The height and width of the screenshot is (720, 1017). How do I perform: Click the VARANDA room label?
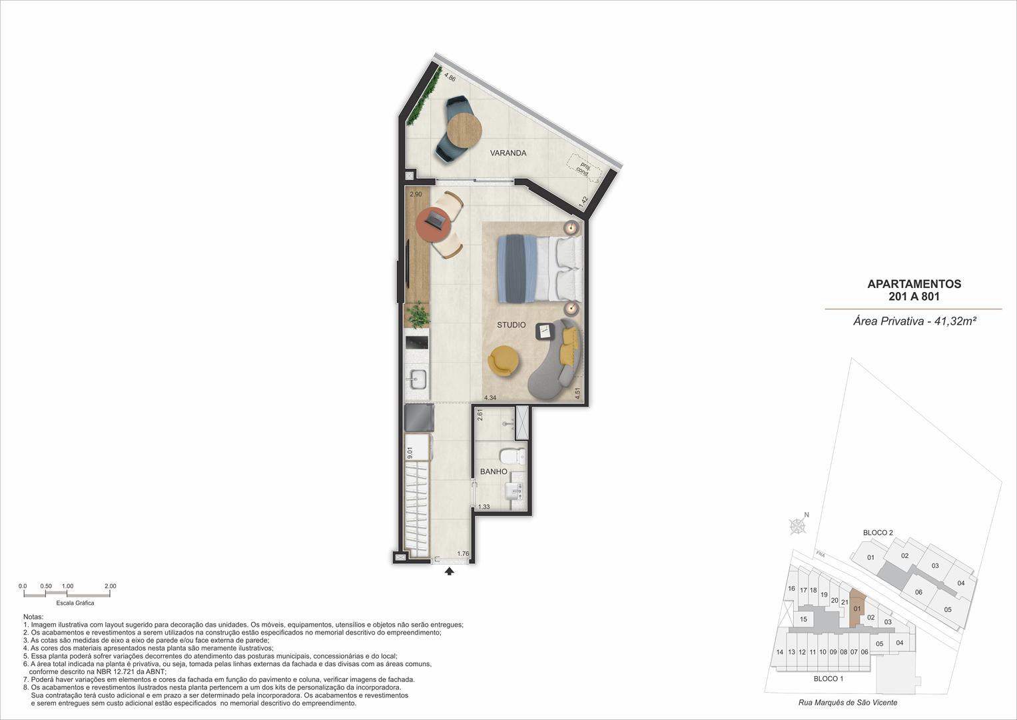(508, 153)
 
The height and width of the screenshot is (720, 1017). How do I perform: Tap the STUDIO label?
(511, 325)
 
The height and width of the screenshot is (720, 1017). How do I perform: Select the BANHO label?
(494, 472)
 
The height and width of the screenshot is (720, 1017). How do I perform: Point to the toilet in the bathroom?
(513, 455)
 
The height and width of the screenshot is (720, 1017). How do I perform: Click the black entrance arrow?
(450, 571)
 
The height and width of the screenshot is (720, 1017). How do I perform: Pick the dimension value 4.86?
(450, 77)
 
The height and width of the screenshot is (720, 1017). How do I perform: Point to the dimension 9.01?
(410, 453)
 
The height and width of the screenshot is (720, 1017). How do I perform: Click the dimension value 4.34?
(490, 397)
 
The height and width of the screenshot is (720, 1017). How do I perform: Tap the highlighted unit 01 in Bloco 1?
(857, 608)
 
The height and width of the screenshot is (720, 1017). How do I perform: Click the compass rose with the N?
(798, 525)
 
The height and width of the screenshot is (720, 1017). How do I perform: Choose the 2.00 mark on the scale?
(111, 586)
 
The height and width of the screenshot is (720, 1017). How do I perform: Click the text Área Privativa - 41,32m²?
(914, 321)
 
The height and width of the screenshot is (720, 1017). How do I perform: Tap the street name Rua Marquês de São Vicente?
(848, 702)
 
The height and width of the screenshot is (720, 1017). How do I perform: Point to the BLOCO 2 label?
(878, 532)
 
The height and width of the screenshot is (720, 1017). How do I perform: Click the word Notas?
(33, 617)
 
